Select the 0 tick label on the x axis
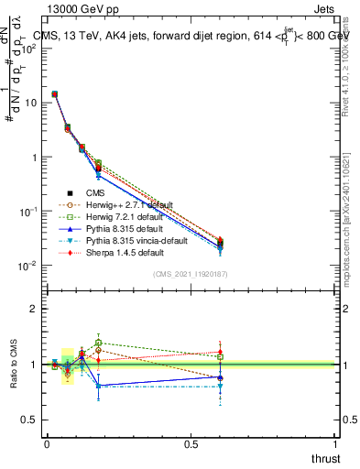(46, 443)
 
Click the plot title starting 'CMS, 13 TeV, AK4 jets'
(192, 36)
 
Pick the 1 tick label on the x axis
(334, 443)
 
